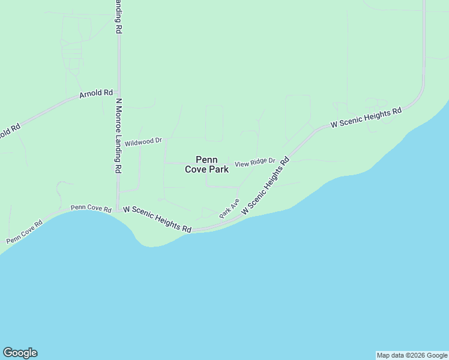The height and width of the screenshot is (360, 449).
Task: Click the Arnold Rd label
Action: click(x=96, y=94)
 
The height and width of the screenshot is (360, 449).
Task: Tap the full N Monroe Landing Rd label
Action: click(x=119, y=136)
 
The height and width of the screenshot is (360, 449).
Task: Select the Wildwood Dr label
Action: click(x=143, y=142)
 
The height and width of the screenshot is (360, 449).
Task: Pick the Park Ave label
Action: click(x=229, y=208)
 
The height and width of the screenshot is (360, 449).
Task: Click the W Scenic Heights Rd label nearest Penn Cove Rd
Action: click(x=157, y=219)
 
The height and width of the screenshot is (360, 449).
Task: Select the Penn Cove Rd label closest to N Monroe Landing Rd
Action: click(x=91, y=209)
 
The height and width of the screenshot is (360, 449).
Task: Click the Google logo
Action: click(x=20, y=353)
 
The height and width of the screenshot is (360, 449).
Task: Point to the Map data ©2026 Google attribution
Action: click(x=412, y=355)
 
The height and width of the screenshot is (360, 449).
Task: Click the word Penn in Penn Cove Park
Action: click(x=206, y=160)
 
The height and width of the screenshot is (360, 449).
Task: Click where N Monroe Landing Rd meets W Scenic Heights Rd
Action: click(x=119, y=208)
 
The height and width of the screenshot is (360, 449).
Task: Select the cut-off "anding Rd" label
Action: click(x=119, y=16)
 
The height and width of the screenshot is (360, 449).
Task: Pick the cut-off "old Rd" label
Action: click(x=10, y=130)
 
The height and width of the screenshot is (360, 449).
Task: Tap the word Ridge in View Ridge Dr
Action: click(x=258, y=162)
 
